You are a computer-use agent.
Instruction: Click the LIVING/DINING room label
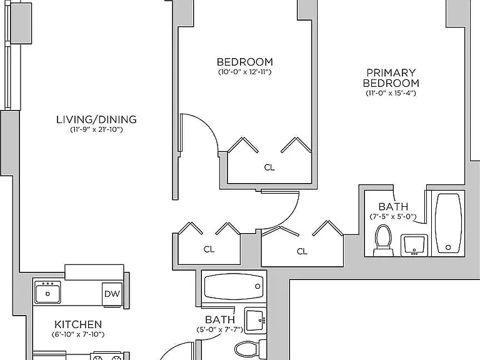tap(96, 119)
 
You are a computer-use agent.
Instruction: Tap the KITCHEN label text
tap(78, 324)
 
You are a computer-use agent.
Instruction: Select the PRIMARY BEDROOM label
tap(391, 77)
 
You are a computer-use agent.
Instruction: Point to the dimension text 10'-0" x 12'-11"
tap(245, 72)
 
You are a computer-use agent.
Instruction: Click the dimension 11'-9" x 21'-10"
tap(96, 129)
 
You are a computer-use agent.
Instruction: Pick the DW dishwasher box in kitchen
tap(112, 294)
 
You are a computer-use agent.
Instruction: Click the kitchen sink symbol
tap(47, 292)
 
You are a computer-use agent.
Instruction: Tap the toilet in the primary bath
tap(383, 240)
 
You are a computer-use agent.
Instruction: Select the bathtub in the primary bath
tap(448, 223)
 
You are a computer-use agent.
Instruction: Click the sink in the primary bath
tap(414, 245)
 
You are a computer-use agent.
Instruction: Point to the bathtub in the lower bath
tap(234, 286)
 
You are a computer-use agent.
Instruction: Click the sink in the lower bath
tap(255, 320)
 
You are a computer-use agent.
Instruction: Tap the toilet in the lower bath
tap(251, 349)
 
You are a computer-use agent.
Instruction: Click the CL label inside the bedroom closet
tap(269, 167)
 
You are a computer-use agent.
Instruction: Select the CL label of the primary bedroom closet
tap(302, 251)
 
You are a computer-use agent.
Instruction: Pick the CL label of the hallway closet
tap(209, 249)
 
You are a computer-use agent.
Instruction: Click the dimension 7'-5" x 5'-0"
tap(393, 217)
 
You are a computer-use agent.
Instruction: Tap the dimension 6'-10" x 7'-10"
tap(78, 334)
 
